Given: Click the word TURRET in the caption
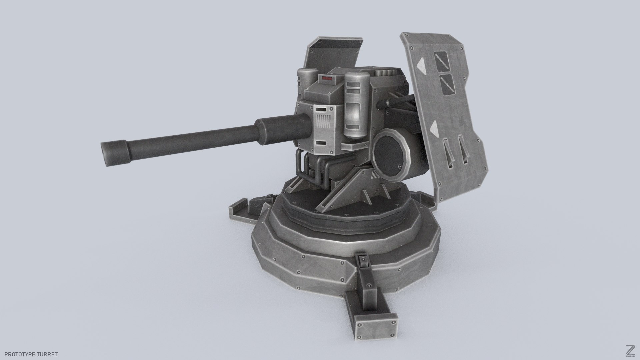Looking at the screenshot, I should coord(48,354).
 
